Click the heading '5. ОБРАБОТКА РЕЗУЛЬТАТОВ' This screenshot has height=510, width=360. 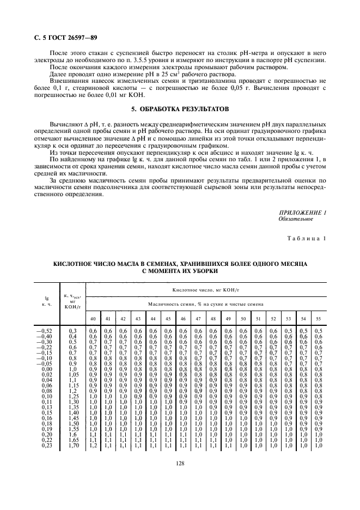[180, 110]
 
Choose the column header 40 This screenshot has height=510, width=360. [93, 318]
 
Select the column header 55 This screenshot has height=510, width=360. [319, 318]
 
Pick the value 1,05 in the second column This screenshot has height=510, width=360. [72, 374]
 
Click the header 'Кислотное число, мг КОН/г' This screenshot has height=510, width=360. [204, 290]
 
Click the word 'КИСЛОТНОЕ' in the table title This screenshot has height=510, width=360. [75, 263]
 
